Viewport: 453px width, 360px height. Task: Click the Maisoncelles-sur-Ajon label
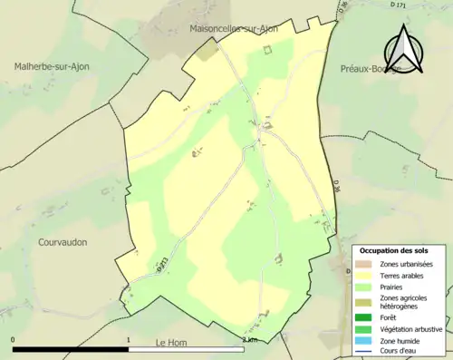click(x=234, y=28)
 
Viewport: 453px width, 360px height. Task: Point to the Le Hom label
click(x=170, y=342)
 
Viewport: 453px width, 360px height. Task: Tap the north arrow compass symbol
click(x=405, y=50)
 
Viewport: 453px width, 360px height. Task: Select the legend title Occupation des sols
click(x=393, y=250)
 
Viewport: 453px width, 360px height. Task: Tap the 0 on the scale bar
click(x=14, y=339)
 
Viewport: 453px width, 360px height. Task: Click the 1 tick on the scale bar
click(x=129, y=339)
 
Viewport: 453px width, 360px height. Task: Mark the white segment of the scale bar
click(x=186, y=349)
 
